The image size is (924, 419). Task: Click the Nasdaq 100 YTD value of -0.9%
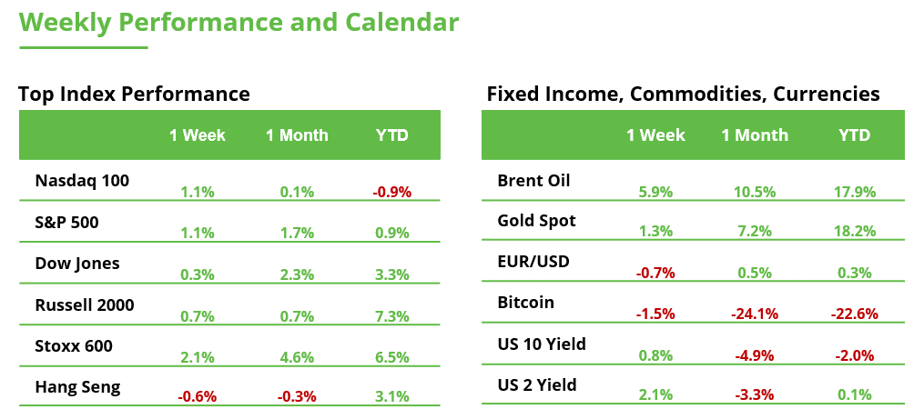[x=392, y=192]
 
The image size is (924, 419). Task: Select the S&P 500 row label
[x=66, y=222]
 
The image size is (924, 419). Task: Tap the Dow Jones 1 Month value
[x=297, y=273]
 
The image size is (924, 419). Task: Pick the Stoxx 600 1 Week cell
[x=198, y=356]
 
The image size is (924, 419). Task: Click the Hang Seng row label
[x=77, y=387]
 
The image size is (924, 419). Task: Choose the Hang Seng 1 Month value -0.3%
[x=297, y=396]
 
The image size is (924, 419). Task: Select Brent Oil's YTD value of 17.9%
[x=854, y=192]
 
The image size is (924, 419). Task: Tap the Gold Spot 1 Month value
[x=755, y=232]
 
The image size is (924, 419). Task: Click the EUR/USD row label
[x=533, y=262]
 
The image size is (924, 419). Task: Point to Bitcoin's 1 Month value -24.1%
[x=755, y=314]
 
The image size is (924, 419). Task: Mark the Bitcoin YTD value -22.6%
[x=854, y=314]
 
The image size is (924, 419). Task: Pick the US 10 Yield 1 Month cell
[x=755, y=354]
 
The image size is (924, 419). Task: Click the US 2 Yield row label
[x=537, y=385]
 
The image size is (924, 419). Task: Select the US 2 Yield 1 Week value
[x=655, y=394]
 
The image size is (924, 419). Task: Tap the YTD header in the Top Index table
[x=392, y=135]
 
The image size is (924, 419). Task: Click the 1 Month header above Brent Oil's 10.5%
[x=755, y=135]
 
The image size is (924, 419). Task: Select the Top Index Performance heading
[x=134, y=94]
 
